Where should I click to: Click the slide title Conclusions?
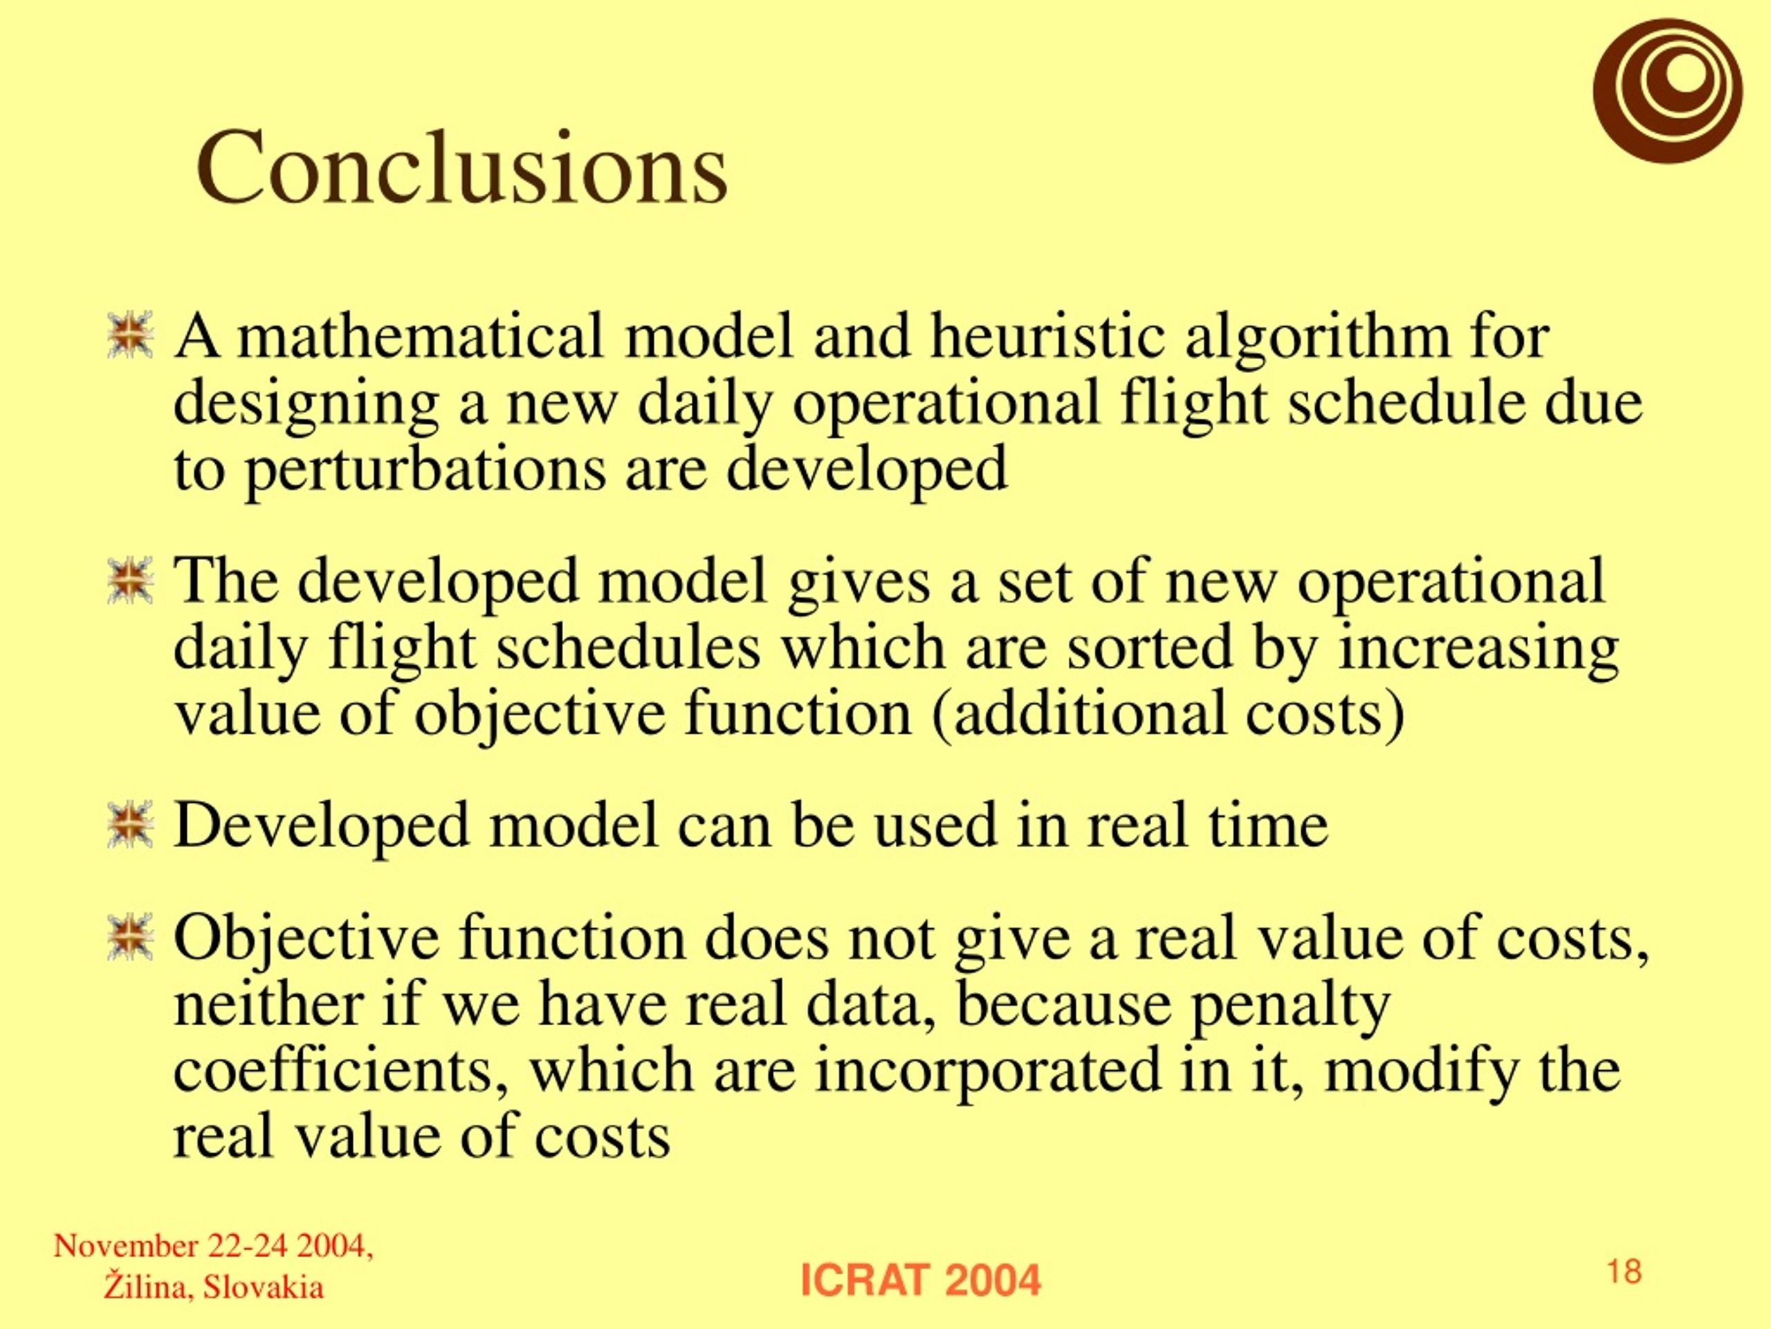462,168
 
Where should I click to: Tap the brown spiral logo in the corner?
1667,91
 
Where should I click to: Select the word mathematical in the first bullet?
421,336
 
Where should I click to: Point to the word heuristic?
1047,336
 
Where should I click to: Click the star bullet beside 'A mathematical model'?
129,335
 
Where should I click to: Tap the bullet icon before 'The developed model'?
129,581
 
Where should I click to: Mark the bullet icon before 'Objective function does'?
129,937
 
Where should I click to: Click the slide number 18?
1624,1272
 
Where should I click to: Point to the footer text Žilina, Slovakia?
214,1287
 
